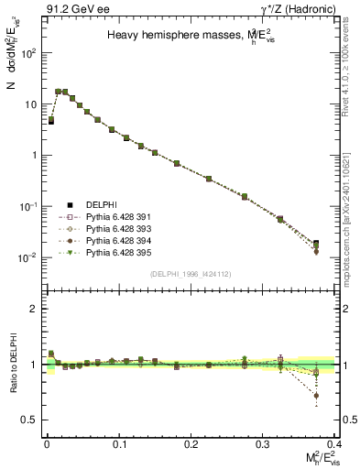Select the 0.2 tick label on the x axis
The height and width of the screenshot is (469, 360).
pyautogui.click(x=191, y=443)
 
